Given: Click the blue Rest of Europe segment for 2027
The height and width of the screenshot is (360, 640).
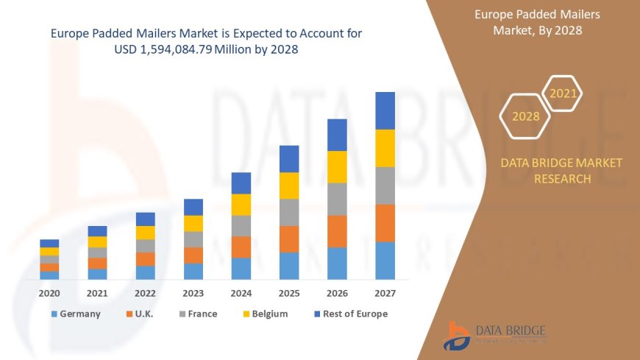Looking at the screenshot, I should pos(385,110).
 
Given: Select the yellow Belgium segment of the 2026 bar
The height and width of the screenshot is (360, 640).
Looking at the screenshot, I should pos(337,166).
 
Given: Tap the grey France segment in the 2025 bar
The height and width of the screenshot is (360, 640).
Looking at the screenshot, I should pos(289,212).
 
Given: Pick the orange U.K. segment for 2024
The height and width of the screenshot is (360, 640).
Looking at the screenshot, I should pos(241,247).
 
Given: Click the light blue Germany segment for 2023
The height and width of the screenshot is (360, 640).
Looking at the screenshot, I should pos(193,271).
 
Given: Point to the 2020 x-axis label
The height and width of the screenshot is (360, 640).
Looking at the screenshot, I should pos(49,293).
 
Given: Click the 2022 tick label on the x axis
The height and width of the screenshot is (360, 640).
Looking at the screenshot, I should pos(145,293).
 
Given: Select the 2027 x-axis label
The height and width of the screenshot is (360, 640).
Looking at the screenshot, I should pos(385,293).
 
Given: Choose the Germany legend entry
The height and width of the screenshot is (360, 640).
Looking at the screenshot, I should pos(75,314).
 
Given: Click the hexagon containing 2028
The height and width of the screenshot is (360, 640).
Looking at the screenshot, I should pos(525,116).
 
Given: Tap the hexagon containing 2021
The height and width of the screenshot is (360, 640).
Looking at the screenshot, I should pos(563,93).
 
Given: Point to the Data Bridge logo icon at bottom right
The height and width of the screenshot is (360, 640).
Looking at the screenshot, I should pos(457,336).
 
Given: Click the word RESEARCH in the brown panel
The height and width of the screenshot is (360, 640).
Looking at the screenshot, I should pos(561,179).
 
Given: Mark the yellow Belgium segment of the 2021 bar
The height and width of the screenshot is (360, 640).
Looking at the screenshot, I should pos(97,241).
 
